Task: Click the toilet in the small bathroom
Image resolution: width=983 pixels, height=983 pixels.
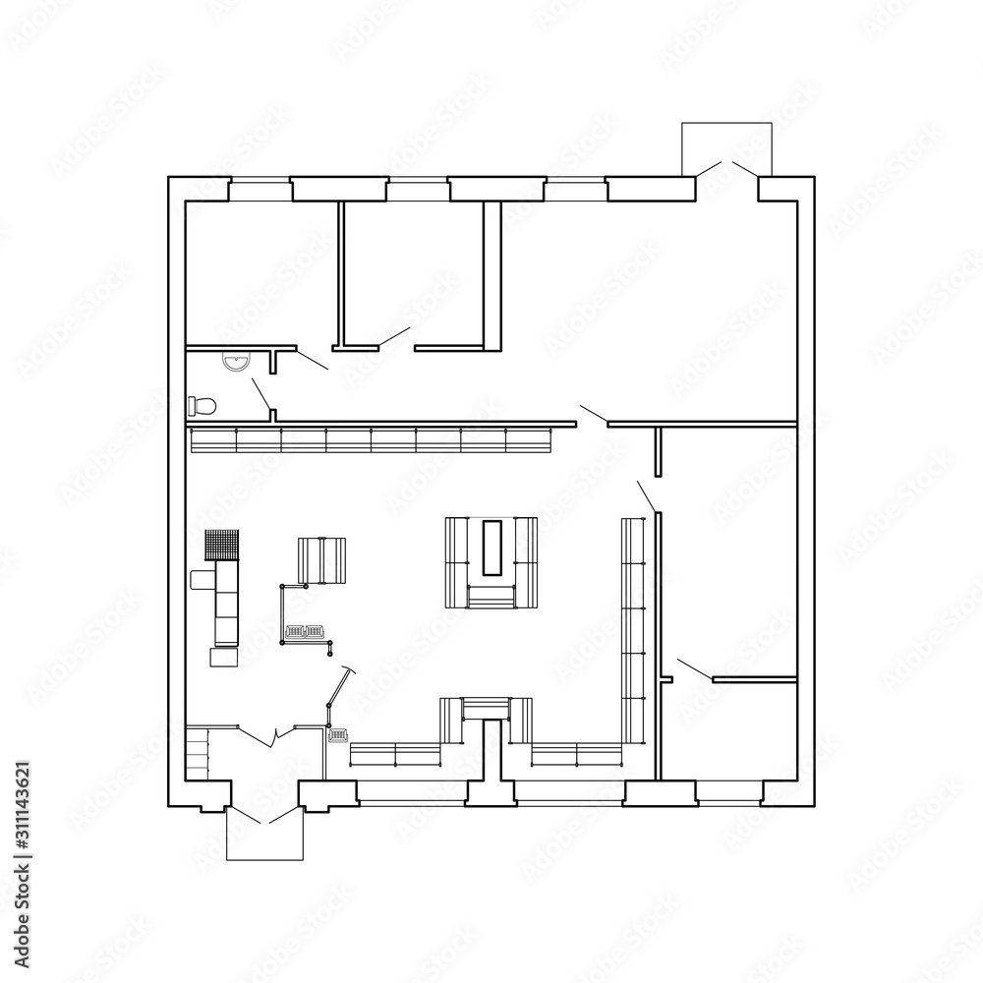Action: point(202,404)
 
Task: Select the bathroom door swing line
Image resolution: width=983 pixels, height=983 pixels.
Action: point(260,395)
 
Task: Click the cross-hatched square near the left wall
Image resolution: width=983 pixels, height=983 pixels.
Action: point(223,546)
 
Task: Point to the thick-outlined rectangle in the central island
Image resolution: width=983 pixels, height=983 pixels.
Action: point(492,547)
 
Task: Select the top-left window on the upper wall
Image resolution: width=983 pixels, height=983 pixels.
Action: point(260,190)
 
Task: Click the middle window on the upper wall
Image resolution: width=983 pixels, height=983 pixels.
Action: point(417,190)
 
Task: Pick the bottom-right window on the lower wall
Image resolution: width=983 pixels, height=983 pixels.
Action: point(729,791)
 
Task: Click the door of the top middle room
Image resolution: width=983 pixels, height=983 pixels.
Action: point(394,336)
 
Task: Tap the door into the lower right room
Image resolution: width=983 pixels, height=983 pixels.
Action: point(694,669)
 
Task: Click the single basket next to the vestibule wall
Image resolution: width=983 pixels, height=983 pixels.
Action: point(338,734)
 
